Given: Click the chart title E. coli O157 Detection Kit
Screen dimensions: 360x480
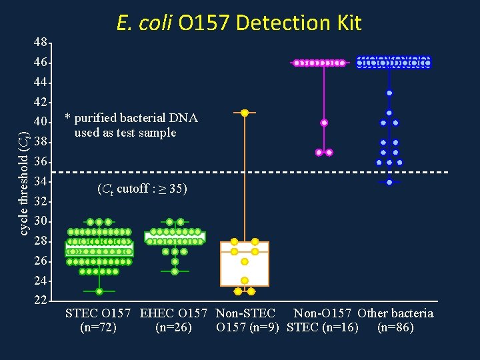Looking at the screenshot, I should [x=239, y=23].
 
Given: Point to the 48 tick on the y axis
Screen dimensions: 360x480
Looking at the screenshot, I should [x=41, y=43].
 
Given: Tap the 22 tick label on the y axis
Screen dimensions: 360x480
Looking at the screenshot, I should [x=41, y=300].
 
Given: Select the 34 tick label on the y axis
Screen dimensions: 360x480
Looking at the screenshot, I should [x=41, y=181].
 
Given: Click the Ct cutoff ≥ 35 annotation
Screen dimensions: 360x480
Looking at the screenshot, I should [x=143, y=189].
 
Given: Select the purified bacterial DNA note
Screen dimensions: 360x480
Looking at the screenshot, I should [x=131, y=125].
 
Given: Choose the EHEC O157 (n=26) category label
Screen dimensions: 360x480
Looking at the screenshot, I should [x=175, y=320].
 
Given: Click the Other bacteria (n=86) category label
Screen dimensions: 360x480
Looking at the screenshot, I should [x=395, y=320].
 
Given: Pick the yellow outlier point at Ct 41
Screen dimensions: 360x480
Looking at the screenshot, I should [x=245, y=113].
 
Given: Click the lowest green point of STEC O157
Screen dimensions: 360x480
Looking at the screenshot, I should [x=99, y=291].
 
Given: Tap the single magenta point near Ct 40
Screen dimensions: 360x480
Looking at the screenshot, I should [x=324, y=123].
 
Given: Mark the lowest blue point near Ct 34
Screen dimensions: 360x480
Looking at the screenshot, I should [x=389, y=182].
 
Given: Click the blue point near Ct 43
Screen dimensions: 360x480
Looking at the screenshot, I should [x=389, y=93].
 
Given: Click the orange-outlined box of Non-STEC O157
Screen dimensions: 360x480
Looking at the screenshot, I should [x=245, y=264].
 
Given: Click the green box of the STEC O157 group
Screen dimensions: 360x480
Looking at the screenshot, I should [x=99, y=249].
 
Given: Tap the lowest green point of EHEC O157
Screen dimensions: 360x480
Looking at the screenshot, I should [x=175, y=271].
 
